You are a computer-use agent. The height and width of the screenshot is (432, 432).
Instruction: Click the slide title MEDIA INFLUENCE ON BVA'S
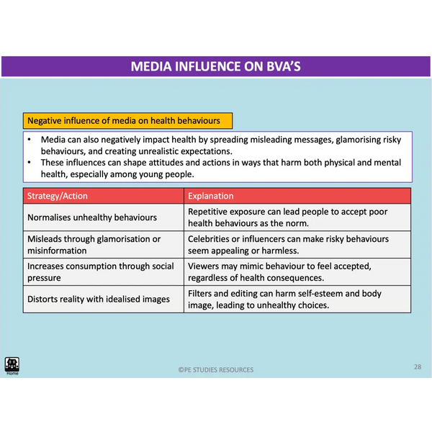pos(215,66)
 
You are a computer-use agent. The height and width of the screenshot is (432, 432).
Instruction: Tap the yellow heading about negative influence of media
pos(123,120)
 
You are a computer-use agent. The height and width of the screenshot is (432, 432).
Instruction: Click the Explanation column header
pos(211,196)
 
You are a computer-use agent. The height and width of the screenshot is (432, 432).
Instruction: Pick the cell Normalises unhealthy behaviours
pos(91,217)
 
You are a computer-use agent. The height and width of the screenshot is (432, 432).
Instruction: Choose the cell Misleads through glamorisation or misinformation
pos(94,245)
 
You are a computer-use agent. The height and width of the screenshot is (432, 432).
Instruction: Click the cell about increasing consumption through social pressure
pos(100,271)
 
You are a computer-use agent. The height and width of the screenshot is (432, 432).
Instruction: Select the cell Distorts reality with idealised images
pos(99,299)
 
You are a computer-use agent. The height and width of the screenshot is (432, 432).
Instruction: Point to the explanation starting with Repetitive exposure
pos(288,217)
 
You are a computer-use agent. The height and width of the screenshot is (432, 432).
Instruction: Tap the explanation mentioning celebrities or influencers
pos(288,245)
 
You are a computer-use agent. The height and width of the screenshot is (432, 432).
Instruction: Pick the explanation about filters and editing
pos(284,299)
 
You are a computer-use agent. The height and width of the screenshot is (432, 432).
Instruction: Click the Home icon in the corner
pos(12,365)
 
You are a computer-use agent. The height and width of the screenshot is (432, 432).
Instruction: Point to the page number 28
pos(418,366)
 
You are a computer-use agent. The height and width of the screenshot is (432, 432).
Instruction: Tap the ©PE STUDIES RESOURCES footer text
pos(216,370)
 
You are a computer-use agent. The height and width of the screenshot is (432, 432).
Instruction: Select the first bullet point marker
pos(27,140)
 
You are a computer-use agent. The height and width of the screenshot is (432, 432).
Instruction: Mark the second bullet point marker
pos(27,162)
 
